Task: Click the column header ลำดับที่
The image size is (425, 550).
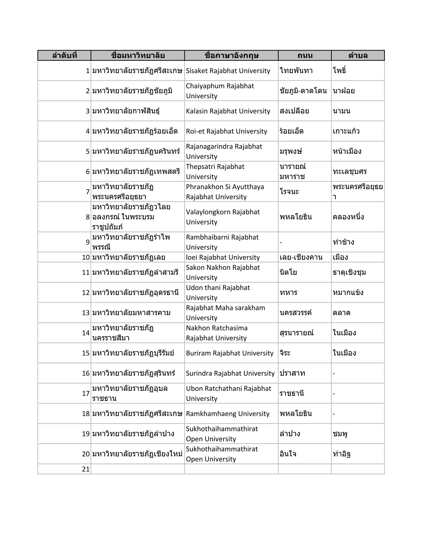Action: tap(65, 55)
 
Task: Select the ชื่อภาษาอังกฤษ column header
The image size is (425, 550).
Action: tap(231, 55)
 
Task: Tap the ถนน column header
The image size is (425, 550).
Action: tap(305, 55)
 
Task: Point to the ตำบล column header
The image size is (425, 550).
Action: tap(358, 55)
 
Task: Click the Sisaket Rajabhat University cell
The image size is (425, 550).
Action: tap(228, 71)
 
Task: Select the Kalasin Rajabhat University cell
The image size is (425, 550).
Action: tap(228, 111)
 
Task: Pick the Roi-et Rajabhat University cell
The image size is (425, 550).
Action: tap(226, 131)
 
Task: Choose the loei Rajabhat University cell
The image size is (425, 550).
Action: tap(223, 257)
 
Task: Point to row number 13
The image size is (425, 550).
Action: tap(86, 313)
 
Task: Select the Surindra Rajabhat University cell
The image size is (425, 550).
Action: tap(230, 373)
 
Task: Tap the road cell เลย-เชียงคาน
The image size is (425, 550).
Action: tap(301, 257)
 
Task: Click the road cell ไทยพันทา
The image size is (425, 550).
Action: tap(296, 71)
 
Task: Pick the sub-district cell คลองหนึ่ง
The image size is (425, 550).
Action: tap(348, 217)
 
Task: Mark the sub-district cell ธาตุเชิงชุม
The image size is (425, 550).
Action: tap(349, 273)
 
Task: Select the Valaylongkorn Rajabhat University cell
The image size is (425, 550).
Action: tap(223, 217)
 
